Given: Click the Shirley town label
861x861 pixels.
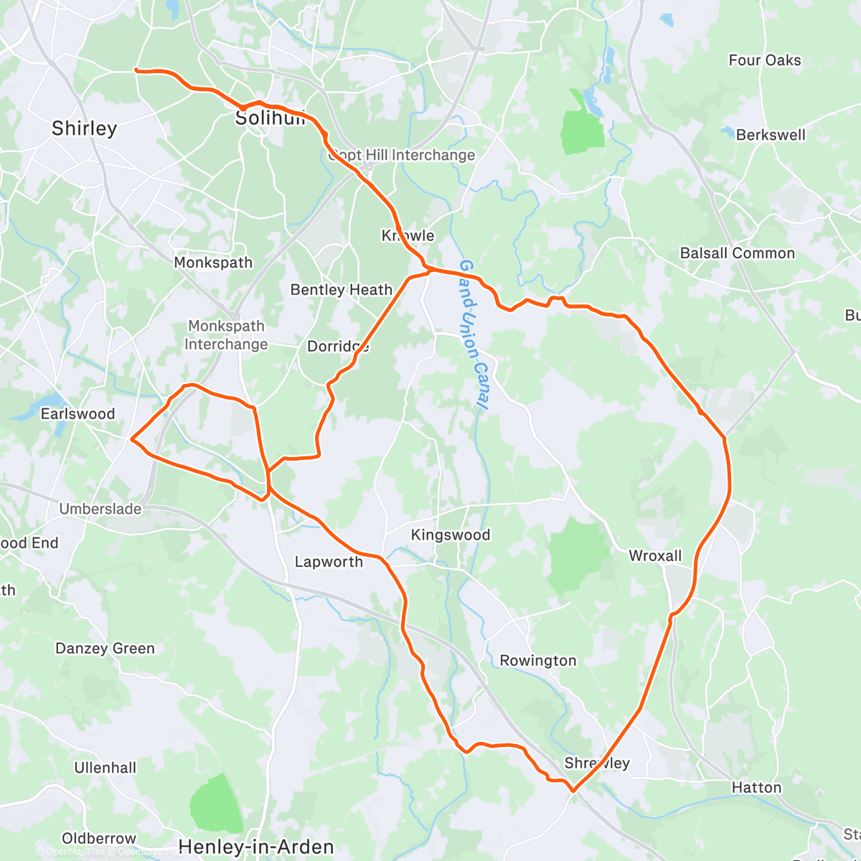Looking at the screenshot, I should coord(84,128).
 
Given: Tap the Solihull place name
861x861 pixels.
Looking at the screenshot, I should coord(270,118).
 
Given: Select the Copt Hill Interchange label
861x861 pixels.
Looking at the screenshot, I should coord(402,155).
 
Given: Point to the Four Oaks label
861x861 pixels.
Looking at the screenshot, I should coord(765,60).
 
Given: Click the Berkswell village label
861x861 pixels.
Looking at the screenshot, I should coord(771,135).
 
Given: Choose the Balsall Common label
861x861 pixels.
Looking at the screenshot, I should coord(738,253).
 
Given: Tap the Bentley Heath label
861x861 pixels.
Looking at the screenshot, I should coord(342,290).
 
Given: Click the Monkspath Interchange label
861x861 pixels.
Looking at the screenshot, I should coord(226,335).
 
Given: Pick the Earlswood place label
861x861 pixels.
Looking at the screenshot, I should coord(77,414).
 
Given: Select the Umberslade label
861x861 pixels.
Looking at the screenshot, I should coord(100,509).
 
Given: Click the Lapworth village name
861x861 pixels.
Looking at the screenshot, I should coord(329,562).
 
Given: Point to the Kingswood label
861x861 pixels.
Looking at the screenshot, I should coord(451,535).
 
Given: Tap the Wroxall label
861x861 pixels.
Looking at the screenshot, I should coord(655,556).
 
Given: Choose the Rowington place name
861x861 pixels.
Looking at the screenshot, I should coord(538,661).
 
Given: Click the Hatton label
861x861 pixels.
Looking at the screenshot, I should coord(756,788).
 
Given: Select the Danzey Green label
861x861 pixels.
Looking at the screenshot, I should coord(105,649).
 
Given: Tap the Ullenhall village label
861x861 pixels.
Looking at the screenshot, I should coord(105,768).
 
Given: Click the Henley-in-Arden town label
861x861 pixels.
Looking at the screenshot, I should coord(256,847).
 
